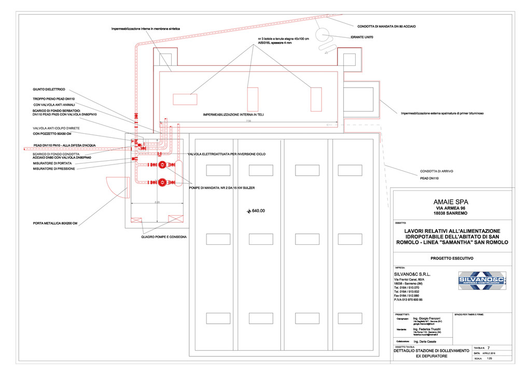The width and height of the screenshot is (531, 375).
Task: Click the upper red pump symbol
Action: (x=163, y=165)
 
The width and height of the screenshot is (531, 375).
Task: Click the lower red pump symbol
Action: (x=163, y=182)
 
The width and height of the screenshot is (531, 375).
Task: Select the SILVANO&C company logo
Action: (x=482, y=281)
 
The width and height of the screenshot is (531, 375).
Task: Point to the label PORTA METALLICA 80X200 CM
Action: (x=55, y=224)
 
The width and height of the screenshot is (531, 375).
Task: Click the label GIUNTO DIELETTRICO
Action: (x=49, y=89)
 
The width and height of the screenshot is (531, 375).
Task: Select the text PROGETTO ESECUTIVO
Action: (x=452, y=258)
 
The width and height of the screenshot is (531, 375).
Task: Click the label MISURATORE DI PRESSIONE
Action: (x=54, y=169)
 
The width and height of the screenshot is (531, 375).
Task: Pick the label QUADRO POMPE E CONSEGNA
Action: (x=164, y=237)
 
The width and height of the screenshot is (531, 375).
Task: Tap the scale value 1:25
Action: (x=489, y=358)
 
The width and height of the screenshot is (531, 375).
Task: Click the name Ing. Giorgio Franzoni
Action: (x=427, y=318)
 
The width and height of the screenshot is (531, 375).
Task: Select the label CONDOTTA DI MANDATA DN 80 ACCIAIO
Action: (x=387, y=26)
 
